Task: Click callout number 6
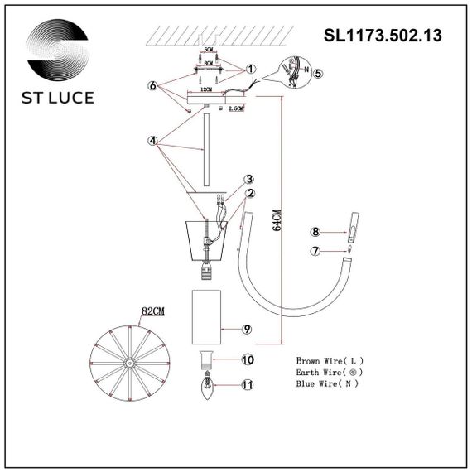[152, 85]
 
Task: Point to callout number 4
[152, 141]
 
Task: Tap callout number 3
[248, 179]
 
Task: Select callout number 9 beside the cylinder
[246, 329]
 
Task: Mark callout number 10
[246, 359]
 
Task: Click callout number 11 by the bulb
[246, 385]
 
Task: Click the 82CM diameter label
[153, 311]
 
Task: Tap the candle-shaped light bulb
[205, 384]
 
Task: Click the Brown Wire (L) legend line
[330, 361]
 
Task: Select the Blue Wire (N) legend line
[329, 386]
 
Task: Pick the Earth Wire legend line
[329, 373]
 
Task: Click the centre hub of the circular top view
[129, 363]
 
